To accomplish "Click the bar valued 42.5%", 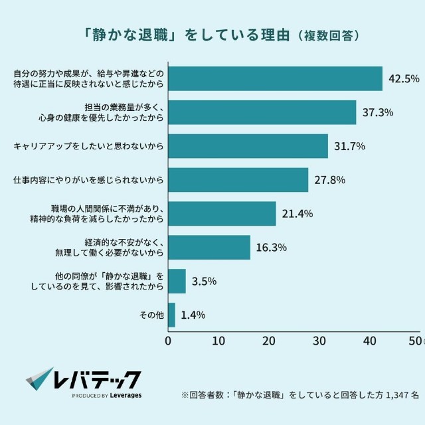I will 275,78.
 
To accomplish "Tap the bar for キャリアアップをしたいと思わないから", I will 248,146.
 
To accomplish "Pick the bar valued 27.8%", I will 238,180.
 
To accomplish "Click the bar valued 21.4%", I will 222,214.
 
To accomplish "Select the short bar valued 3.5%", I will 177,281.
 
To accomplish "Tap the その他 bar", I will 171,315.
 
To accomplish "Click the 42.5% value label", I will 404,79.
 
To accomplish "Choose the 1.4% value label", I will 194,315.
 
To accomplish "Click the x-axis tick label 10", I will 218,341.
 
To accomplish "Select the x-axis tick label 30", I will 319,341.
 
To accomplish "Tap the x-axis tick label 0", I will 168,341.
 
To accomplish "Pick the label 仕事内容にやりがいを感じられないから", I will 89,180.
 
